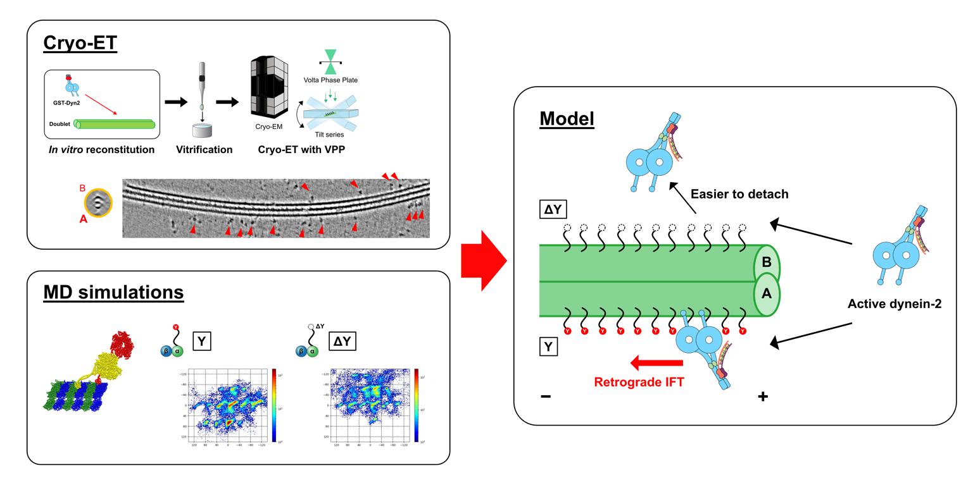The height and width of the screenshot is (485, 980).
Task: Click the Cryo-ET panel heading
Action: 80,43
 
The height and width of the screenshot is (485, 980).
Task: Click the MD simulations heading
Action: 113,292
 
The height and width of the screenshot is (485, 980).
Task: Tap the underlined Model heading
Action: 567,118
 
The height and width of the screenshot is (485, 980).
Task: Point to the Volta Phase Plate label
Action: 330,80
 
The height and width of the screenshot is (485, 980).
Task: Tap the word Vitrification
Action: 204,150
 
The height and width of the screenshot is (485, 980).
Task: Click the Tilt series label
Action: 329,135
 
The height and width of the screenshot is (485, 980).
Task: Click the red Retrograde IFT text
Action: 639,382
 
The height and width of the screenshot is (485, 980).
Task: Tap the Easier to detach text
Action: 739,194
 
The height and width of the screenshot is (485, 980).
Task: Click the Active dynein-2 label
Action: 894,304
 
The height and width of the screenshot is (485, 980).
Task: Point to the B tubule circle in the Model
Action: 766,262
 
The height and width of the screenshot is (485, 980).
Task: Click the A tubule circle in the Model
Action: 766,294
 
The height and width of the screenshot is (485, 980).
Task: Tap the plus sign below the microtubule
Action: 762,396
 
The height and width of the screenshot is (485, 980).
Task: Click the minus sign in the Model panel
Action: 546,396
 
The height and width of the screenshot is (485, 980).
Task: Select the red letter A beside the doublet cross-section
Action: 83,219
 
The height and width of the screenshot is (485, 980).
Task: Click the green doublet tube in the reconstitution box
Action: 115,125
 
